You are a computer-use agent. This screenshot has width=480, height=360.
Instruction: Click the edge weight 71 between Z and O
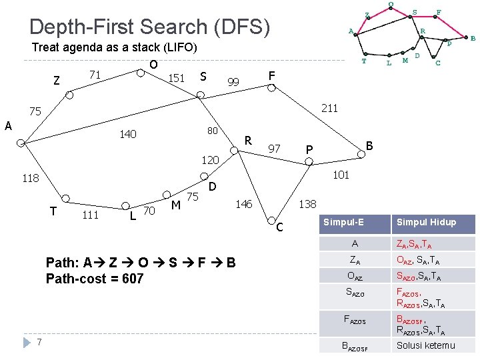pyautogui.click(x=95, y=75)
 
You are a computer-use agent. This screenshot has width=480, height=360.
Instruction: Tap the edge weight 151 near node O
pyautogui.click(x=176, y=79)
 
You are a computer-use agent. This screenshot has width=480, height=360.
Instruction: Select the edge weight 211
pyautogui.click(x=329, y=107)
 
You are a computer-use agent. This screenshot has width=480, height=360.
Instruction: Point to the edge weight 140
pyautogui.click(x=127, y=135)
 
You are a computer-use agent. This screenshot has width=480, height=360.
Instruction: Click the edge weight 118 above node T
pyautogui.click(x=30, y=178)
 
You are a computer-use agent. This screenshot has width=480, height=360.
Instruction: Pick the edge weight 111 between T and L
pyautogui.click(x=90, y=214)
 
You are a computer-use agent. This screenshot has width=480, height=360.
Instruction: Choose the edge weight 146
pyautogui.click(x=245, y=204)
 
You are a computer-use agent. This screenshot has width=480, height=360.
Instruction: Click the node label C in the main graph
pyautogui.click(x=281, y=228)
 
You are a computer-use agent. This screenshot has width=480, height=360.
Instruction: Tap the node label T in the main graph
pyautogui.click(x=53, y=211)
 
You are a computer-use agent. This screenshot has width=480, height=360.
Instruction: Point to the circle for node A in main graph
pyautogui.click(x=21, y=142)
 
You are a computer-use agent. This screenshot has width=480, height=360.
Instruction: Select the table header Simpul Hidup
pyautogui.click(x=427, y=222)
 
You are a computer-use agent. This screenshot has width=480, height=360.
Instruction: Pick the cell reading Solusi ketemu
pyautogui.click(x=425, y=345)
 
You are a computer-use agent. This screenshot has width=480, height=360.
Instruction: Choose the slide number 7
pyautogui.click(x=40, y=342)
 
